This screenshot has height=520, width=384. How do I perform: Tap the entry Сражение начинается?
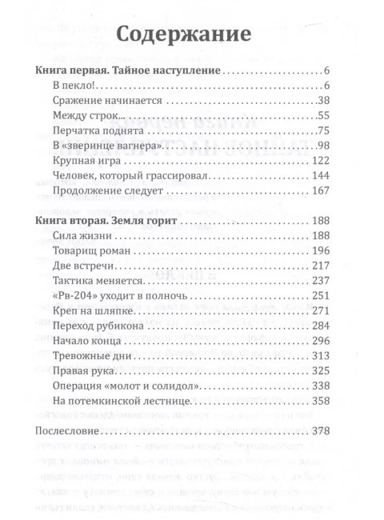(106, 102)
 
